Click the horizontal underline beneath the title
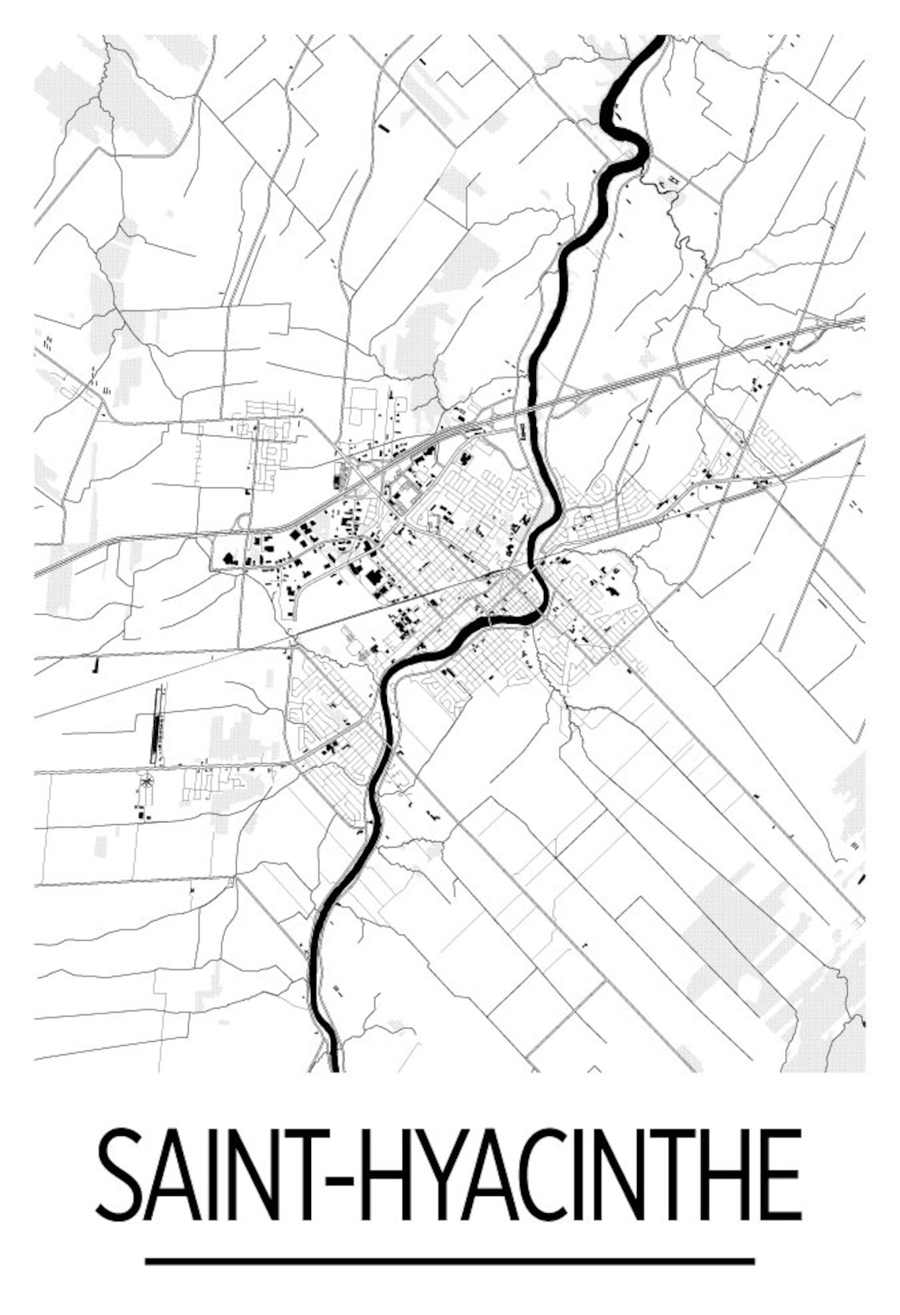(449, 1261)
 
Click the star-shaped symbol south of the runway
(147, 782)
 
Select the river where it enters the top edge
(657, 39)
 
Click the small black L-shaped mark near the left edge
(96, 665)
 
